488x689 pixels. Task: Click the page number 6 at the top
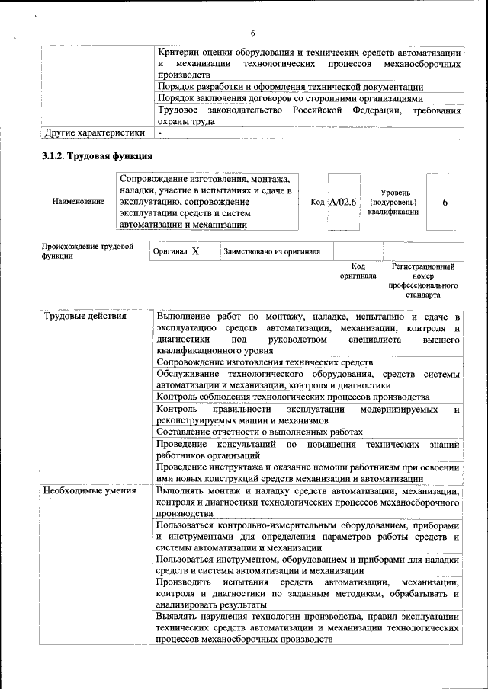(252, 32)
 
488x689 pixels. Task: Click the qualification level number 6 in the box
(445, 202)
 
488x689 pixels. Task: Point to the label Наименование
(78, 202)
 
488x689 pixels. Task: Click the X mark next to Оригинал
(195, 250)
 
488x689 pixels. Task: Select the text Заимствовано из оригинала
(272, 250)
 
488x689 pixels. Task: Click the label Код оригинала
(358, 271)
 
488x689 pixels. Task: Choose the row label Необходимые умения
(89, 490)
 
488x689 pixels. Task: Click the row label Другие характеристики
(95, 133)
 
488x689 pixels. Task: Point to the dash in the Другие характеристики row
(160, 133)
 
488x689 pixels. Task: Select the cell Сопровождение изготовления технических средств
(264, 362)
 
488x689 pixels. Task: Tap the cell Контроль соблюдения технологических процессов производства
(292, 397)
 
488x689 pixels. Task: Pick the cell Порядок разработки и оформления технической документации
(290, 87)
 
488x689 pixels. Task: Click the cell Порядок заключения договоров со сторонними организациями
(289, 98)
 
